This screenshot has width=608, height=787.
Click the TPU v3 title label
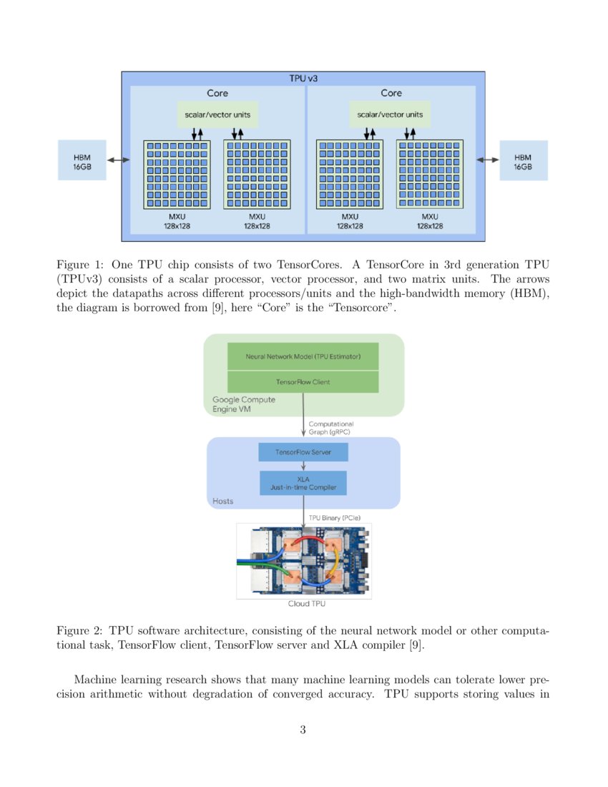click(303, 78)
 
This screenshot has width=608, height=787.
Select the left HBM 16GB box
click(82, 160)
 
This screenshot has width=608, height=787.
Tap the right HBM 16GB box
click(523, 160)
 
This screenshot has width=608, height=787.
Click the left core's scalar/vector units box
click(217, 114)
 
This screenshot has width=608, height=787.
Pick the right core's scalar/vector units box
click(390, 114)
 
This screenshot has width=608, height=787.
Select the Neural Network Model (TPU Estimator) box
click(303, 356)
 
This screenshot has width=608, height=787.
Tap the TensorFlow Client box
click(303, 382)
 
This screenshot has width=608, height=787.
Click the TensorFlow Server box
click(303, 453)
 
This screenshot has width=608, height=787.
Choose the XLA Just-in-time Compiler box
click(303, 483)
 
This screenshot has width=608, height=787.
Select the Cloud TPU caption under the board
click(303, 605)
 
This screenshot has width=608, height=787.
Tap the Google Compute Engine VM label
click(244, 405)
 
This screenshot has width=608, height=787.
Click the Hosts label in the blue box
click(223, 502)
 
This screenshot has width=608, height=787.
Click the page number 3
click(303, 730)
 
